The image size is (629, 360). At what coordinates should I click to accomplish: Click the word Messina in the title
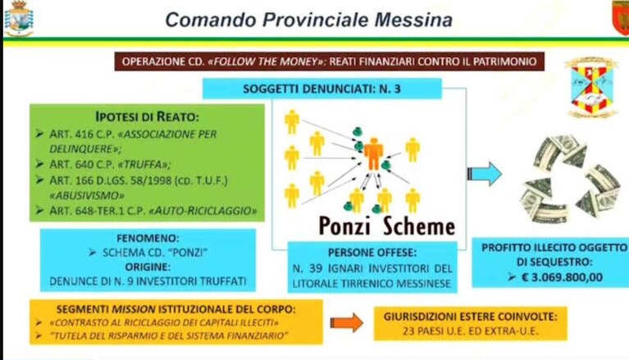(413, 20)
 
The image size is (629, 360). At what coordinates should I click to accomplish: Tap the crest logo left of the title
(19, 19)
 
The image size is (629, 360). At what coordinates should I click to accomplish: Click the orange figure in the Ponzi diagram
(373, 153)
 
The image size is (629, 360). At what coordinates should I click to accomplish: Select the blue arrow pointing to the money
(485, 174)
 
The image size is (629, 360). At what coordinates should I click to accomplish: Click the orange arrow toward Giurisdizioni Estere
(347, 322)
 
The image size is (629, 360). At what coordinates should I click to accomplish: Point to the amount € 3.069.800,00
(562, 277)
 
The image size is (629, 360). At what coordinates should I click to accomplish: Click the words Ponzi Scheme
(387, 226)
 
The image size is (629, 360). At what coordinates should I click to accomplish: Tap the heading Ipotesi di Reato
(148, 116)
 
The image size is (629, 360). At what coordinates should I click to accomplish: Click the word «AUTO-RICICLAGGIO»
(203, 211)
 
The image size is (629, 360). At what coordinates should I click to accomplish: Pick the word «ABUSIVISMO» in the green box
(87, 195)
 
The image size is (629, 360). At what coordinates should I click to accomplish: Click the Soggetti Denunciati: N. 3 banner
(321, 89)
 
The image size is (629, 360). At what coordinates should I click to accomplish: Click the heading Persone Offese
(372, 253)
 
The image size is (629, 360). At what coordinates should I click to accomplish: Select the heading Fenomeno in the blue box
(148, 238)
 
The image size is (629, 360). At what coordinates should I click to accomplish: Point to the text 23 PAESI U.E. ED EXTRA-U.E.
(470, 331)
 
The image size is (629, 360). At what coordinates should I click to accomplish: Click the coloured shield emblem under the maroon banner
(591, 87)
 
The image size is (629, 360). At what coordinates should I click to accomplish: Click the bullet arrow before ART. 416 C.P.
(39, 134)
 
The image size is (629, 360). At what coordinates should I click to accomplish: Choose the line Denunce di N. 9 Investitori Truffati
(148, 281)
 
